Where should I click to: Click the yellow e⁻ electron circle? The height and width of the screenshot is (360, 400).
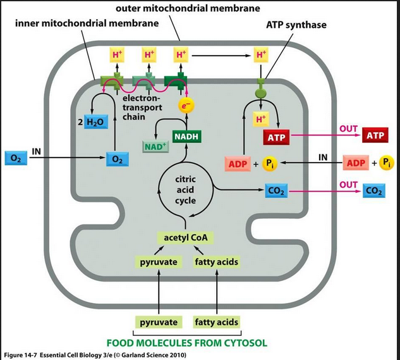point(184,108)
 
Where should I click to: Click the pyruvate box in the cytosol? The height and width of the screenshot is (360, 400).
point(159,322)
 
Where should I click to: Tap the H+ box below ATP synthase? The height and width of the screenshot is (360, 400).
point(260,118)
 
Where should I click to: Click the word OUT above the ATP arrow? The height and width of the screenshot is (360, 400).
point(348,128)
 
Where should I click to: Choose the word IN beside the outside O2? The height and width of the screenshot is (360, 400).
point(37,152)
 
